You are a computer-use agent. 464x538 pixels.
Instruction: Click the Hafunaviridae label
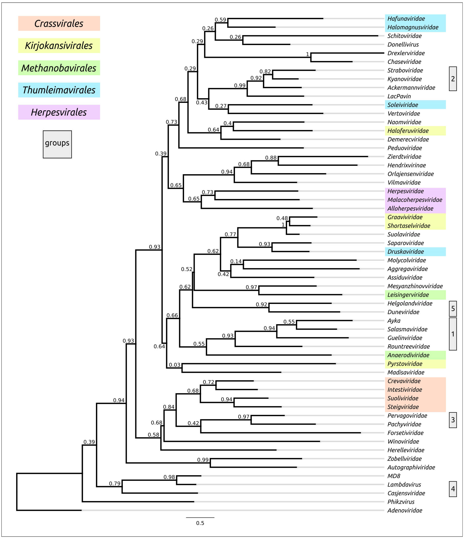tap(406, 19)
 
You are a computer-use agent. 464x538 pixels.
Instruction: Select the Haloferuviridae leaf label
tap(408, 131)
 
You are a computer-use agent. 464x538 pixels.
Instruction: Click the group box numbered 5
tap(453, 308)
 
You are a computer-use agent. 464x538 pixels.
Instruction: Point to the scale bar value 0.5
tap(200, 523)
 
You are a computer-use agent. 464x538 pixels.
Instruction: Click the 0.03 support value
tap(174, 365)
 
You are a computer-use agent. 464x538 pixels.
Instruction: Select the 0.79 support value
tap(115, 484)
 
